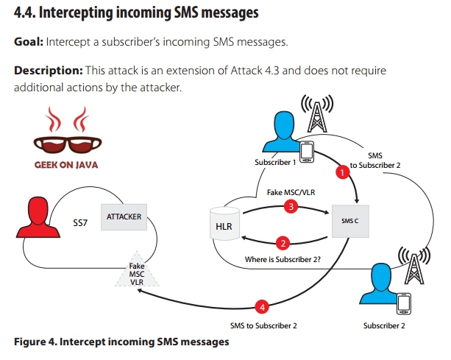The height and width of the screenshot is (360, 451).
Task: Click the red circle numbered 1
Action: pos(341,173)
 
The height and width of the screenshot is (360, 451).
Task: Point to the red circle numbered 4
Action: pos(259,306)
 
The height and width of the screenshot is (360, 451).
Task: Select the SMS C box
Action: pos(348,220)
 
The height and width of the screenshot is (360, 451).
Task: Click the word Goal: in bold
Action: pos(29,41)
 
